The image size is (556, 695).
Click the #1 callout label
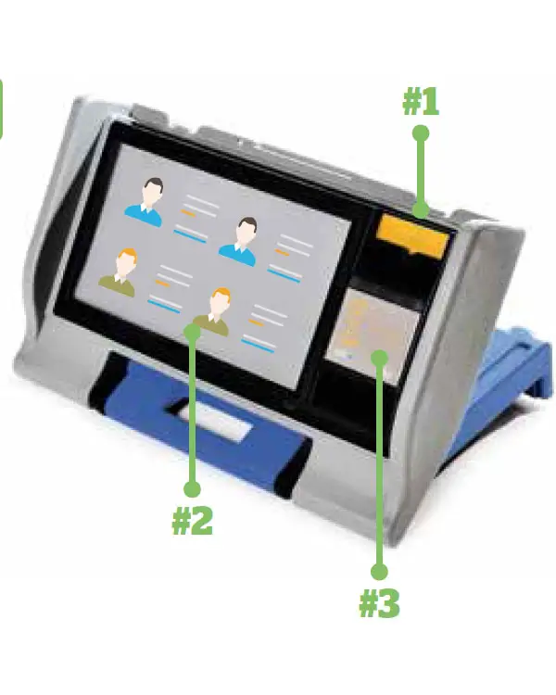tap(421, 102)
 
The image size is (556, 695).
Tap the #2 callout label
tap(192, 521)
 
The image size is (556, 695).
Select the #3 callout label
tap(379, 603)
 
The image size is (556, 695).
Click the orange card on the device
tap(412, 235)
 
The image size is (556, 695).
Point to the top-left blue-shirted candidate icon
tap(145, 202)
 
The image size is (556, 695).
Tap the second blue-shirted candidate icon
tap(238, 242)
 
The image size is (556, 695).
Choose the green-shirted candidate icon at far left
tap(118, 272)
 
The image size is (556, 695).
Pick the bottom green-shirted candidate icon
tap(212, 312)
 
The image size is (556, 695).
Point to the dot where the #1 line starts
tap(421, 133)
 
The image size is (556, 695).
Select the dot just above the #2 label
tap(192, 489)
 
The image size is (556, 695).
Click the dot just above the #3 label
tap(379, 572)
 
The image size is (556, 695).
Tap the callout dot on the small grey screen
tap(380, 358)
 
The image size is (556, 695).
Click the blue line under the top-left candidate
tap(190, 234)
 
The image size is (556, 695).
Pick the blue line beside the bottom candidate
tap(258, 345)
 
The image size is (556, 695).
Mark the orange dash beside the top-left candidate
tap(188, 213)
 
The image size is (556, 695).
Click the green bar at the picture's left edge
tap(1, 109)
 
